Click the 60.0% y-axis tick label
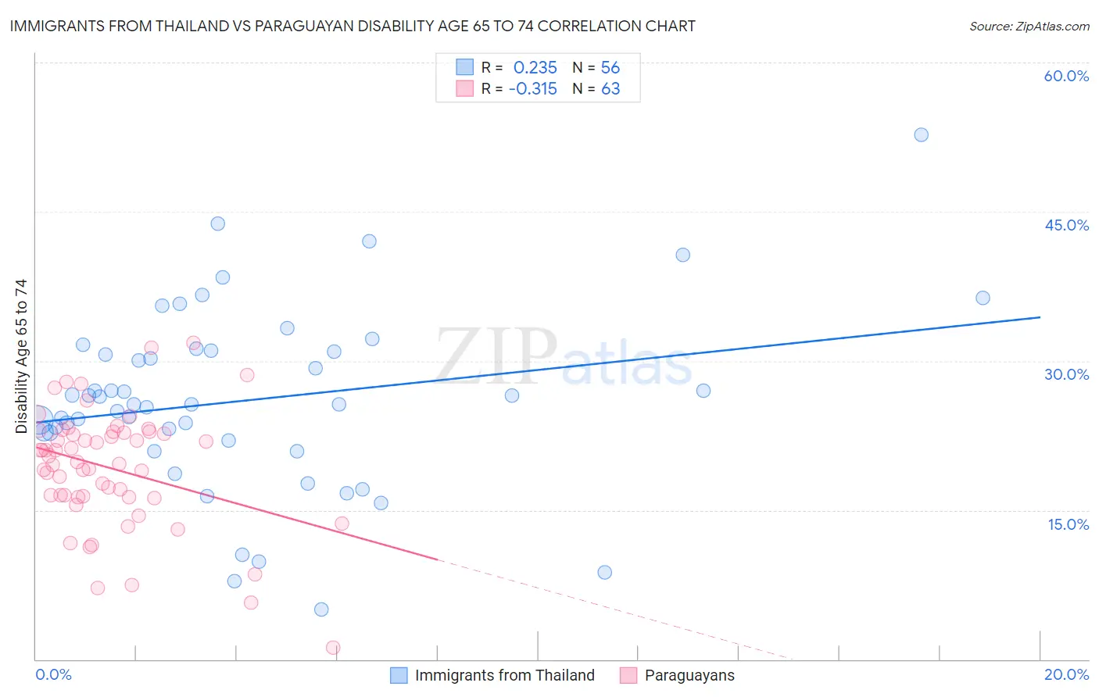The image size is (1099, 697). [1066, 76]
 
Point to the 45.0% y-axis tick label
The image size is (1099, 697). [1066, 225]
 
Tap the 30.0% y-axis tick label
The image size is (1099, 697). [1066, 374]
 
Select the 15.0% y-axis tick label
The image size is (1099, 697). [1068, 524]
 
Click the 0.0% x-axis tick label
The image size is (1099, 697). [53, 674]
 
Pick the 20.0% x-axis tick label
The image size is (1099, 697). [1066, 674]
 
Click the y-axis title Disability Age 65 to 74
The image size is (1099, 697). [21, 356]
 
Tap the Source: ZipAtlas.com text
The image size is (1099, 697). [1029, 27]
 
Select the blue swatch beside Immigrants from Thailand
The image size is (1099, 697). [399, 675]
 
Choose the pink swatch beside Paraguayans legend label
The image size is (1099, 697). [628, 675]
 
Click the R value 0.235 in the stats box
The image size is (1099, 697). [535, 67]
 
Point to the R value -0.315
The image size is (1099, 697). [532, 89]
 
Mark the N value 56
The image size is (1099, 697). [610, 67]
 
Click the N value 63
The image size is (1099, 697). [610, 89]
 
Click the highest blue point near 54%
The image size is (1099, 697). [921, 134]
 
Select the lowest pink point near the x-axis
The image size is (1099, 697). [333, 648]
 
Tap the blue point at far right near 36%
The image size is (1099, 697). [983, 298]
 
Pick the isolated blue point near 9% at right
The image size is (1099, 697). [604, 572]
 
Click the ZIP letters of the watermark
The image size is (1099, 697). [496, 356]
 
